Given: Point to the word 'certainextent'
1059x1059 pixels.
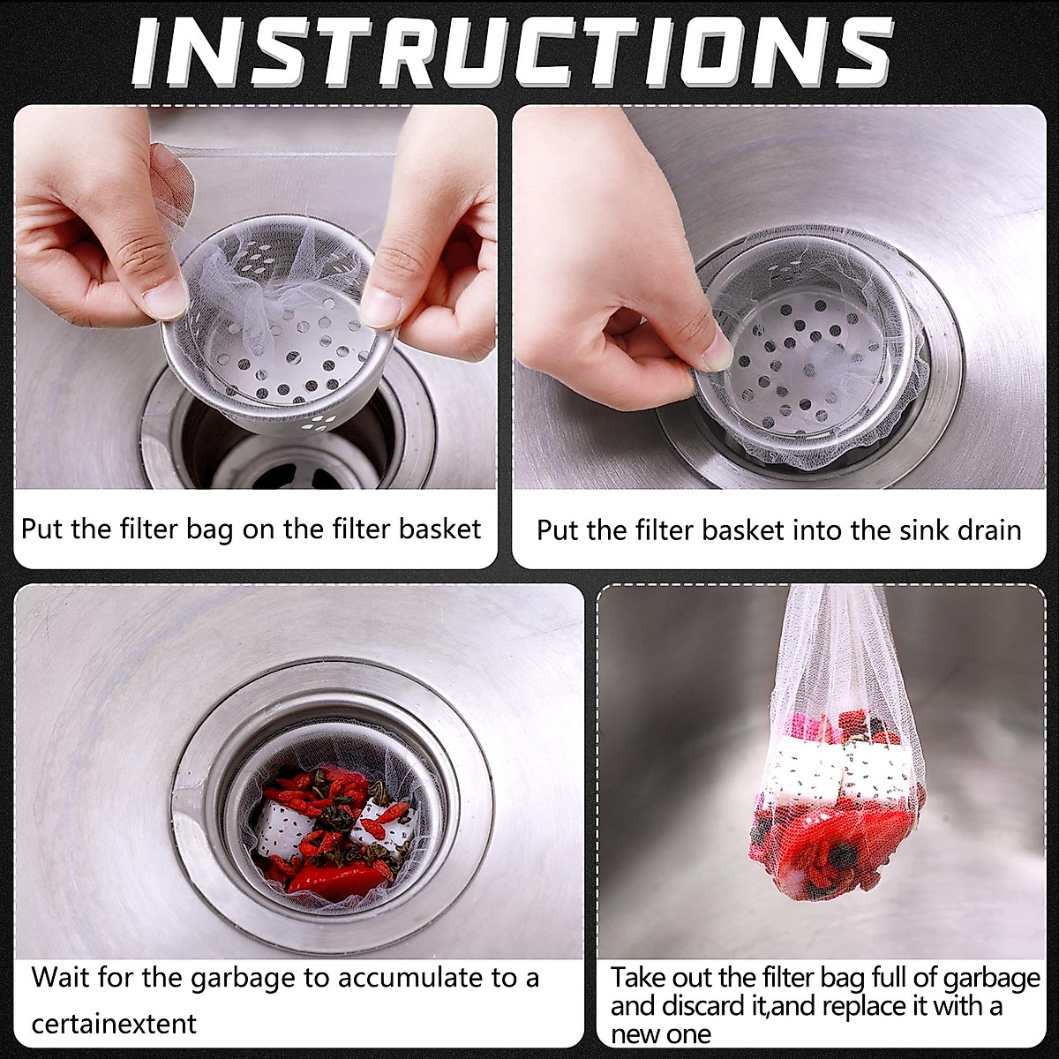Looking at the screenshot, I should coord(114,1024).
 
